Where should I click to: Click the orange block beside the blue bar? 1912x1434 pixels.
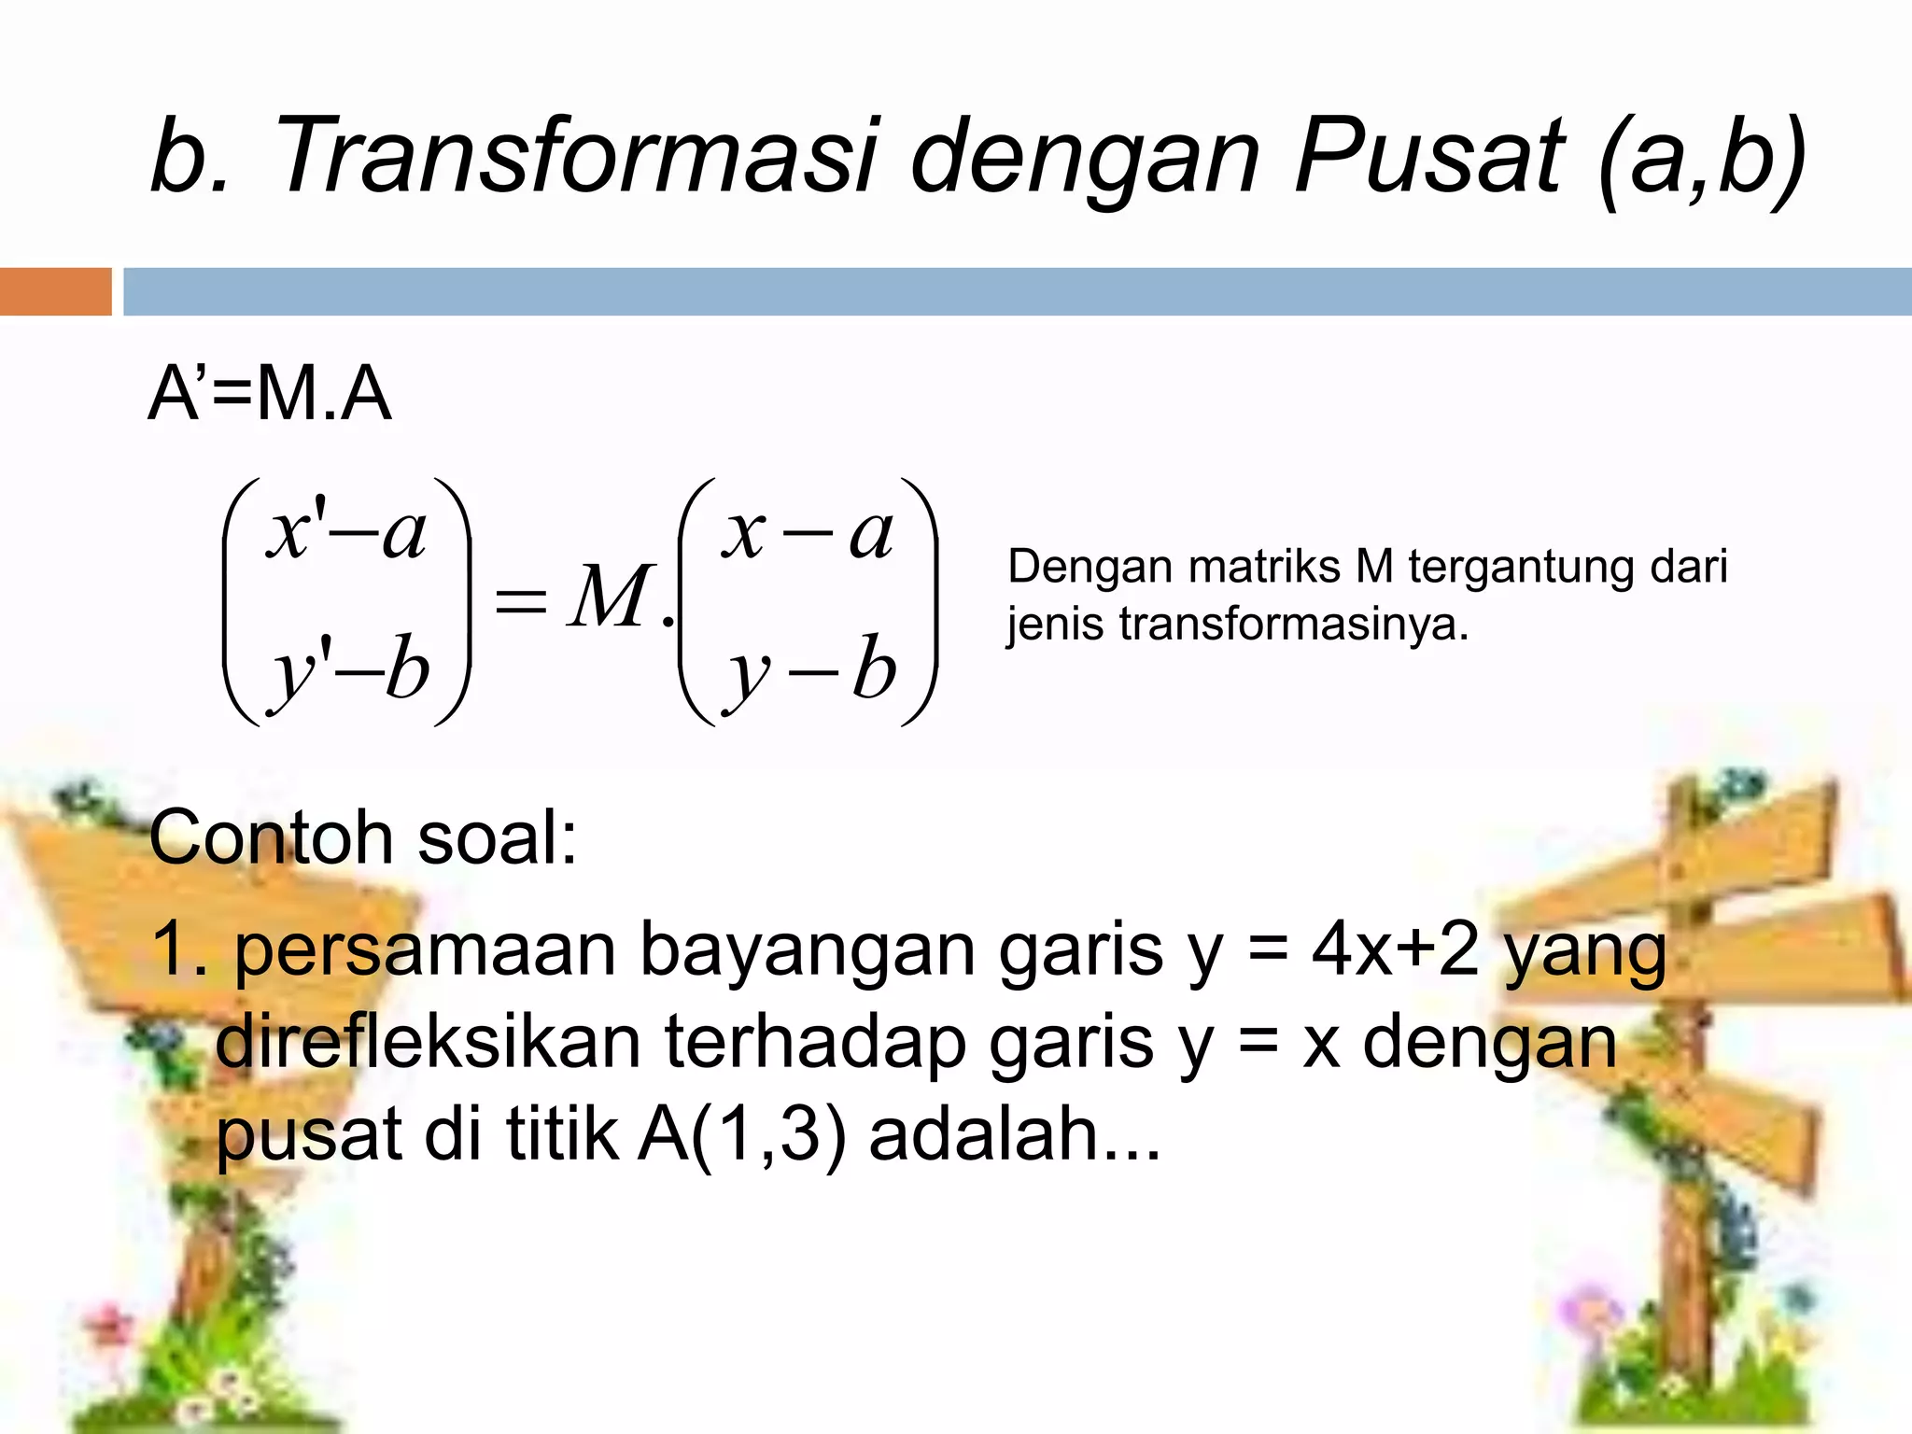click(x=55, y=291)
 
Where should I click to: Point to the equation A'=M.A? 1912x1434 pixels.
click(x=269, y=394)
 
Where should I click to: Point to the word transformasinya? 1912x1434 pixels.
click(x=1293, y=624)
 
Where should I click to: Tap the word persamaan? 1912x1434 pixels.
click(x=425, y=950)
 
